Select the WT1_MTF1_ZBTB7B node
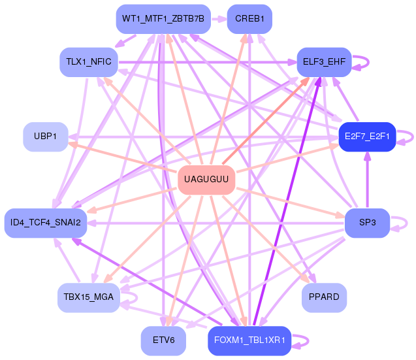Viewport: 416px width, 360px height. (x=163, y=20)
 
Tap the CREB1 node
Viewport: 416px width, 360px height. (x=249, y=20)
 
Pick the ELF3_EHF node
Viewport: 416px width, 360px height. (x=324, y=63)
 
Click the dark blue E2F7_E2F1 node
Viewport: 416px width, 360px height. (x=367, y=137)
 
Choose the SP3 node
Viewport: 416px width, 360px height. (x=367, y=223)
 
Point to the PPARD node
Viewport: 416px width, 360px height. (x=324, y=297)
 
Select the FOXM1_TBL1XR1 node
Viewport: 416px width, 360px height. (x=249, y=340)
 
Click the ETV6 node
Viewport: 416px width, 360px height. (x=163, y=340)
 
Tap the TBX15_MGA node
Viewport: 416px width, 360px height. (x=88, y=297)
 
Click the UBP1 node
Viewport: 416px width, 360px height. (x=45, y=137)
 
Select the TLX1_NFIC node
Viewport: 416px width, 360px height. (x=88, y=63)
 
